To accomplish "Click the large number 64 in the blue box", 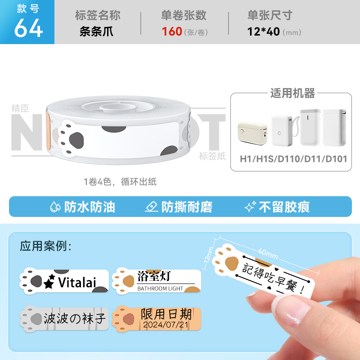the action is click(x=28, y=28).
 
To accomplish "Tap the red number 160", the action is click(x=172, y=31).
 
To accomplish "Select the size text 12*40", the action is click(x=263, y=31).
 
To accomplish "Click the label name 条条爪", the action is click(x=96, y=31).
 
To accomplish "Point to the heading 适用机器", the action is click(x=292, y=93).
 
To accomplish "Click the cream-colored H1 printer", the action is click(x=252, y=133).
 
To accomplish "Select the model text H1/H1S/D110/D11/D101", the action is click(x=293, y=159).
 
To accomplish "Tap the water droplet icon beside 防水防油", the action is click(x=55, y=207).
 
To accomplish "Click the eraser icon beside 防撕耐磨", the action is click(x=152, y=207).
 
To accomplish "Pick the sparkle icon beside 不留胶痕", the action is click(x=250, y=207).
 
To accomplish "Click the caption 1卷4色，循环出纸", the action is click(x=120, y=182).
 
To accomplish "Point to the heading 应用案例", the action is click(x=45, y=246).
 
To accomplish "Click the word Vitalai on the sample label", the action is click(x=77, y=282).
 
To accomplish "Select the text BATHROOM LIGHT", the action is click(x=160, y=288).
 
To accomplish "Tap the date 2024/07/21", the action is click(x=166, y=324).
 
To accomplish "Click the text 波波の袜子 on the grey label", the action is click(x=75, y=318).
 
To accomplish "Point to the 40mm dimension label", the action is click(x=268, y=253).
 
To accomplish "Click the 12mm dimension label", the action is click(x=208, y=255).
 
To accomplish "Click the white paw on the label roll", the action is click(x=71, y=139).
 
